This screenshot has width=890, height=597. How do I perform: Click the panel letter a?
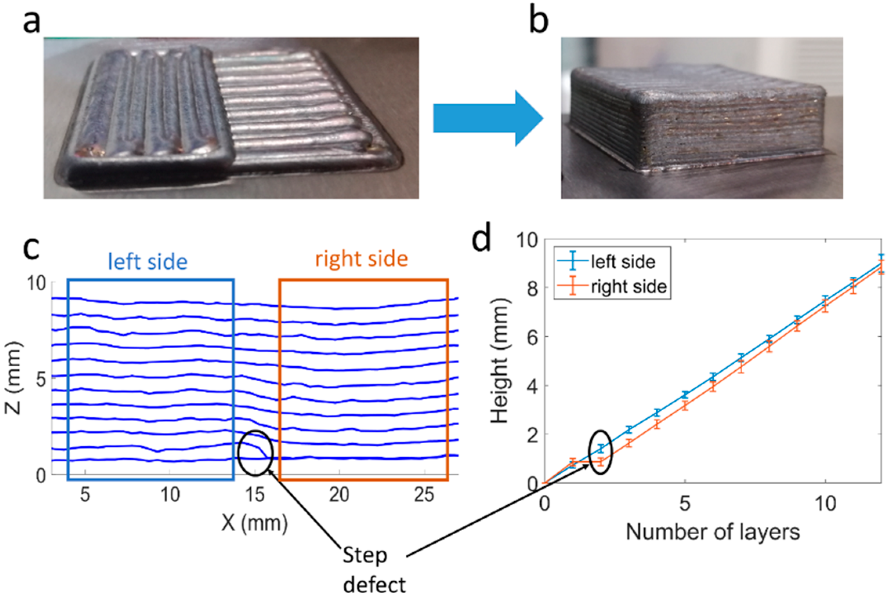(31, 22)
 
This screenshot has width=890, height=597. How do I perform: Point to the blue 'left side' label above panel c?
(148, 262)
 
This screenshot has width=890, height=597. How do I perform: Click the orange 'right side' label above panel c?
(361, 259)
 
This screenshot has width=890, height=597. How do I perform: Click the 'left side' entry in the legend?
(623, 262)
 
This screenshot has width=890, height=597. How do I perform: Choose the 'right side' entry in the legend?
(628, 287)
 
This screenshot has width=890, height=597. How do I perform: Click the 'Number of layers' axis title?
(713, 532)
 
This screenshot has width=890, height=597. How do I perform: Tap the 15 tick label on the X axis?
(255, 495)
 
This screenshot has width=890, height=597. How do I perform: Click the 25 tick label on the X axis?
(424, 495)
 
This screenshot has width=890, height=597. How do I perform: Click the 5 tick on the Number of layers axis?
(684, 503)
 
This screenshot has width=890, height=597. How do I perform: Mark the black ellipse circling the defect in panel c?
(255, 453)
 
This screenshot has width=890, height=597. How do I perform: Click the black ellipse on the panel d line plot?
(600, 452)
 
